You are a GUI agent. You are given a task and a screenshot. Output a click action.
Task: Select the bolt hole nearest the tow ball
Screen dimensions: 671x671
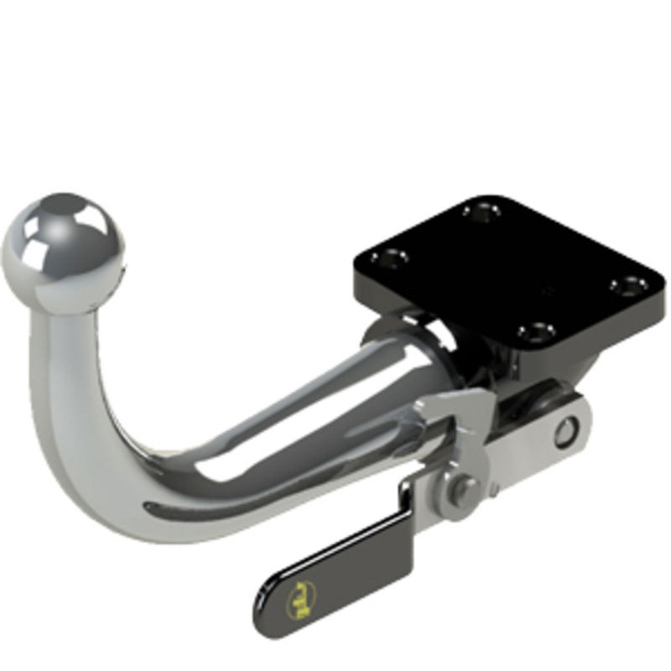[x=391, y=257]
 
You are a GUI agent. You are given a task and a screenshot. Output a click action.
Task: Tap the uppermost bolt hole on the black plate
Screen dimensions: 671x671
[x=481, y=211]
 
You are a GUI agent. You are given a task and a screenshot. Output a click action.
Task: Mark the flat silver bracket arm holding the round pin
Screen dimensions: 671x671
[x=537, y=440]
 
